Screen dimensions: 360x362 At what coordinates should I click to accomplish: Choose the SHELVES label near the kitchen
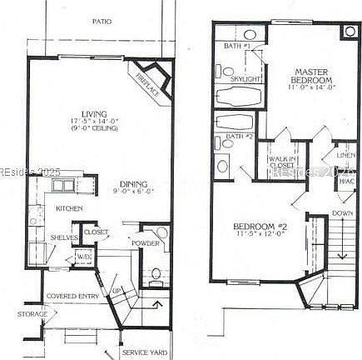(x=64, y=237)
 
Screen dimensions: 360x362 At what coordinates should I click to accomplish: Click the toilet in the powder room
(x=156, y=272)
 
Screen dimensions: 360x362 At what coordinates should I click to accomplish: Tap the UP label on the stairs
(x=116, y=290)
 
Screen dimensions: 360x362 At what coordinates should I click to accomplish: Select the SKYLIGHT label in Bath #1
(x=246, y=78)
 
